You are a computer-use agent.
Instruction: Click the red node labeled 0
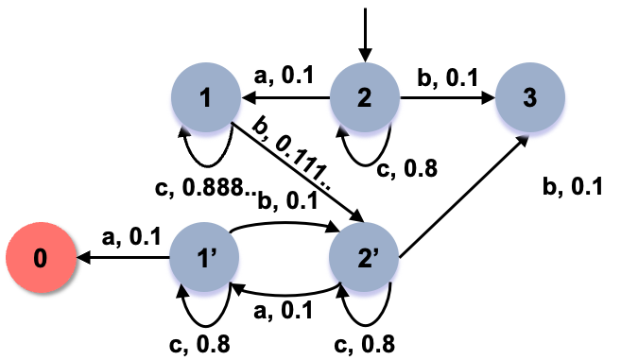pyautogui.click(x=40, y=258)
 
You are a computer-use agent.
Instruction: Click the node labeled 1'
pyautogui.click(x=204, y=258)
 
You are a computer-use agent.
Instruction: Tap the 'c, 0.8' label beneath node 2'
pyautogui.click(x=368, y=343)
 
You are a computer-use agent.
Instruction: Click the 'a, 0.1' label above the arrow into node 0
pyautogui.click(x=121, y=234)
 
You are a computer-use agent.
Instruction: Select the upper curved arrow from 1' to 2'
pyautogui.click(x=283, y=225)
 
